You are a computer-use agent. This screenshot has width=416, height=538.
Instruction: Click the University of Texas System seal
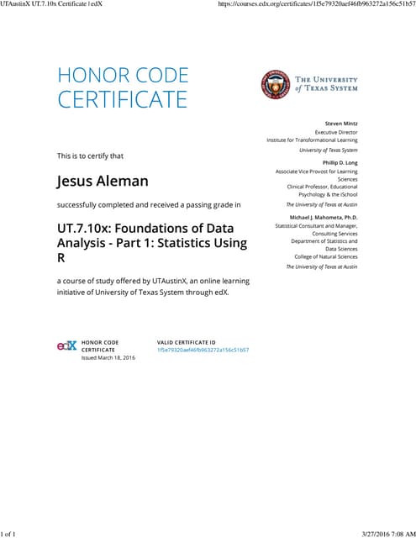pos(273,82)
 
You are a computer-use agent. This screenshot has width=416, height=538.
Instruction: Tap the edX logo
pos(66,345)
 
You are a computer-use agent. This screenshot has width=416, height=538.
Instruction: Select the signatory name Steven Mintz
pos(340,124)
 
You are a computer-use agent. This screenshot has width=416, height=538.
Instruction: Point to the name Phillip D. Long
pos(340,162)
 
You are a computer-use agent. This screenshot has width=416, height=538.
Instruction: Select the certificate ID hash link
pos(203,350)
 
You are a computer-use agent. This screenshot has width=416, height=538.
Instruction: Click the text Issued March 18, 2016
pos(108,358)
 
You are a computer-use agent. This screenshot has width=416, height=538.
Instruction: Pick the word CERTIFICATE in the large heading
pos(122,99)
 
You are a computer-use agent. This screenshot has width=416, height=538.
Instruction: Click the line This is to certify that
pos(90,156)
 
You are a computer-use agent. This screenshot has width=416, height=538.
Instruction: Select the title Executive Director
pos(335,132)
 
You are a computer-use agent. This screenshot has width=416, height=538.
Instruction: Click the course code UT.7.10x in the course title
pos(88,228)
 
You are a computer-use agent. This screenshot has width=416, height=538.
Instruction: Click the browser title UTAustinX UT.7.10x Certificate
pos(50,4)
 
